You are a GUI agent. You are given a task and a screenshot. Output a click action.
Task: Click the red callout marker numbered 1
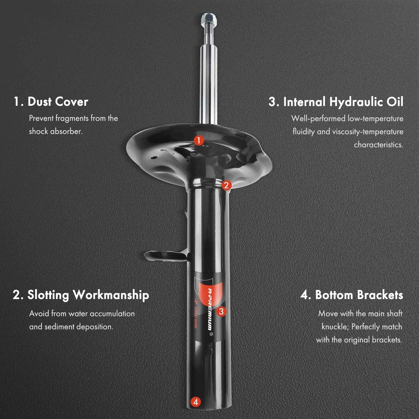199,141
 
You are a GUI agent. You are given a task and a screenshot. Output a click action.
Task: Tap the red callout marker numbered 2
227,185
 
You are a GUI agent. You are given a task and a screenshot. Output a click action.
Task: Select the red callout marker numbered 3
221,311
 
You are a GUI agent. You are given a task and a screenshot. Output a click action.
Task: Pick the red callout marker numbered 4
196,402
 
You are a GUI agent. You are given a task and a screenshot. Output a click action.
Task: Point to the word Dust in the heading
39,102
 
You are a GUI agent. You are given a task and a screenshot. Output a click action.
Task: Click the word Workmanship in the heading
111,295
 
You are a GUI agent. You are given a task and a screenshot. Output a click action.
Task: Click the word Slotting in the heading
48,295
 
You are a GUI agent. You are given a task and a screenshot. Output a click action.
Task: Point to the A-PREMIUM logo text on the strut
210,309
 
